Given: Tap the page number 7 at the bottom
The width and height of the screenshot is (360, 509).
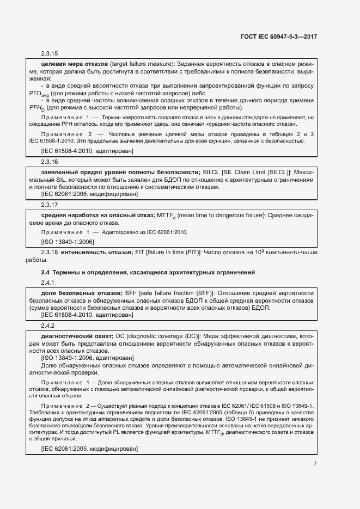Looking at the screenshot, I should point(315,463).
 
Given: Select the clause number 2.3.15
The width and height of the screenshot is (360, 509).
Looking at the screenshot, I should point(50,53).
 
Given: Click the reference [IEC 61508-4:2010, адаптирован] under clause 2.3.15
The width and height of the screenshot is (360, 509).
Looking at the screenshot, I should point(87,150).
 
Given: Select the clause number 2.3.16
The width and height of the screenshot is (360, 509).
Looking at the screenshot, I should point(50,162).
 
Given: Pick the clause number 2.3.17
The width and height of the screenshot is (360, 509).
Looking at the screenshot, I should point(50,205).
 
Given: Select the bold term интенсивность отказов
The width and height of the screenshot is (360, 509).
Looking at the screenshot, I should point(97,253).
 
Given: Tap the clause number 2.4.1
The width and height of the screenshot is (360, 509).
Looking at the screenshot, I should point(48,283).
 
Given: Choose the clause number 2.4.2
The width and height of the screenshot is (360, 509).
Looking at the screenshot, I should point(48,326).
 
